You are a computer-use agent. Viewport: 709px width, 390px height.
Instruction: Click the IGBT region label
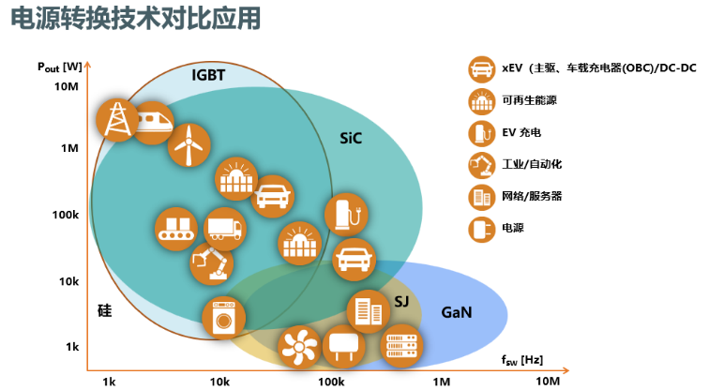pos(208,75)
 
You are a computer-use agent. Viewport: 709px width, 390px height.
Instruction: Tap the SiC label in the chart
pos(351,138)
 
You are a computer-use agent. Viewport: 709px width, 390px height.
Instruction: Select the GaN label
pos(456,312)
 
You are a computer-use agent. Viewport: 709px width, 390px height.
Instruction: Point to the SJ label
pos(401,301)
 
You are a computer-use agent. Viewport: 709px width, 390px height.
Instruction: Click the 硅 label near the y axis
pos(104,311)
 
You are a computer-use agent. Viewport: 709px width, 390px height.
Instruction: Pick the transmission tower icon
pos(117,120)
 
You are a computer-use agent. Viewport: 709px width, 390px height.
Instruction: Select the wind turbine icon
pos(189,145)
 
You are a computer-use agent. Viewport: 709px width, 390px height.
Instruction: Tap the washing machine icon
pos(223,317)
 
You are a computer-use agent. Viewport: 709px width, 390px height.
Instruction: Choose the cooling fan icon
pos(299,347)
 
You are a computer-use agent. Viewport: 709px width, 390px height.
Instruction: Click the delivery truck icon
pos(225,229)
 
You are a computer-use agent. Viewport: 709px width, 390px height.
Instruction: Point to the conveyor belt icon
pos(176,229)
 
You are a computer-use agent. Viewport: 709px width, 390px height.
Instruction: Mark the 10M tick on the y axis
pos(67,86)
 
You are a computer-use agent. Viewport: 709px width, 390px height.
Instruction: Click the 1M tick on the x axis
pos(441,382)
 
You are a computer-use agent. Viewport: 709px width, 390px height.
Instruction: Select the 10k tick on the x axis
pos(219,382)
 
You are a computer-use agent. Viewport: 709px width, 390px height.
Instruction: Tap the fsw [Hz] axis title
pos(521,360)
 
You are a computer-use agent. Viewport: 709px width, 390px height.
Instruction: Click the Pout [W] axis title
pos(60,67)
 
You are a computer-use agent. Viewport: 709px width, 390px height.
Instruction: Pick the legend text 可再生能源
pos(529,100)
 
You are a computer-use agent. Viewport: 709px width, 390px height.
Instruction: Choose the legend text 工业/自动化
pos(532,164)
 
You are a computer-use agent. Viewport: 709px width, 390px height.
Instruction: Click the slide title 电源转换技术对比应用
pos(135,19)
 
